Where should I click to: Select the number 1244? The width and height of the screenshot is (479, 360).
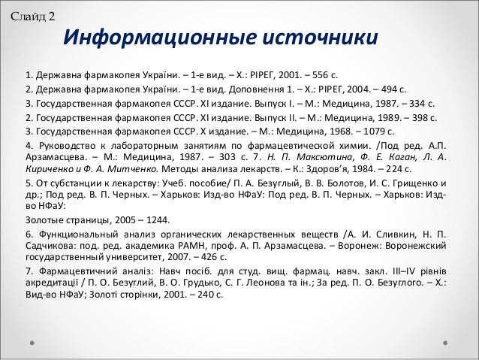coord(156,220)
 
